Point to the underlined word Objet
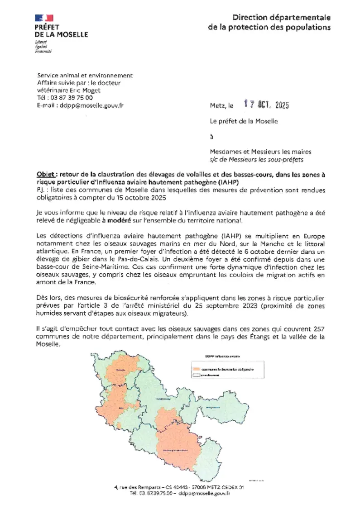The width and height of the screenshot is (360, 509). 46,175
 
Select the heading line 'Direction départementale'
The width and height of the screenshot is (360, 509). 281,18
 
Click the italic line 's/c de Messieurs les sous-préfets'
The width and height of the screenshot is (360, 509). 256,159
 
